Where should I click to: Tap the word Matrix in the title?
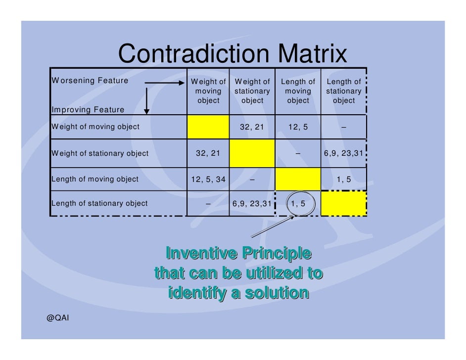(312, 54)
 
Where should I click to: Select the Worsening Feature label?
(90, 81)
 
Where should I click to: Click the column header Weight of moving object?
(208, 91)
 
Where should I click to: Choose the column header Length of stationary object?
(344, 91)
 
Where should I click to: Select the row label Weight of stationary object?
(99, 153)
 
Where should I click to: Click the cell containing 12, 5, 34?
(208, 179)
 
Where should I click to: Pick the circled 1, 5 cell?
(298, 203)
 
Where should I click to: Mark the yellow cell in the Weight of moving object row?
(208, 127)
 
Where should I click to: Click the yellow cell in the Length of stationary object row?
(344, 204)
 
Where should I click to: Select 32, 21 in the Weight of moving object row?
(252, 127)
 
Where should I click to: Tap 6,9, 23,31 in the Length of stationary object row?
(252, 203)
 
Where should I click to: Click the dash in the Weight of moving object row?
(344, 127)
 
